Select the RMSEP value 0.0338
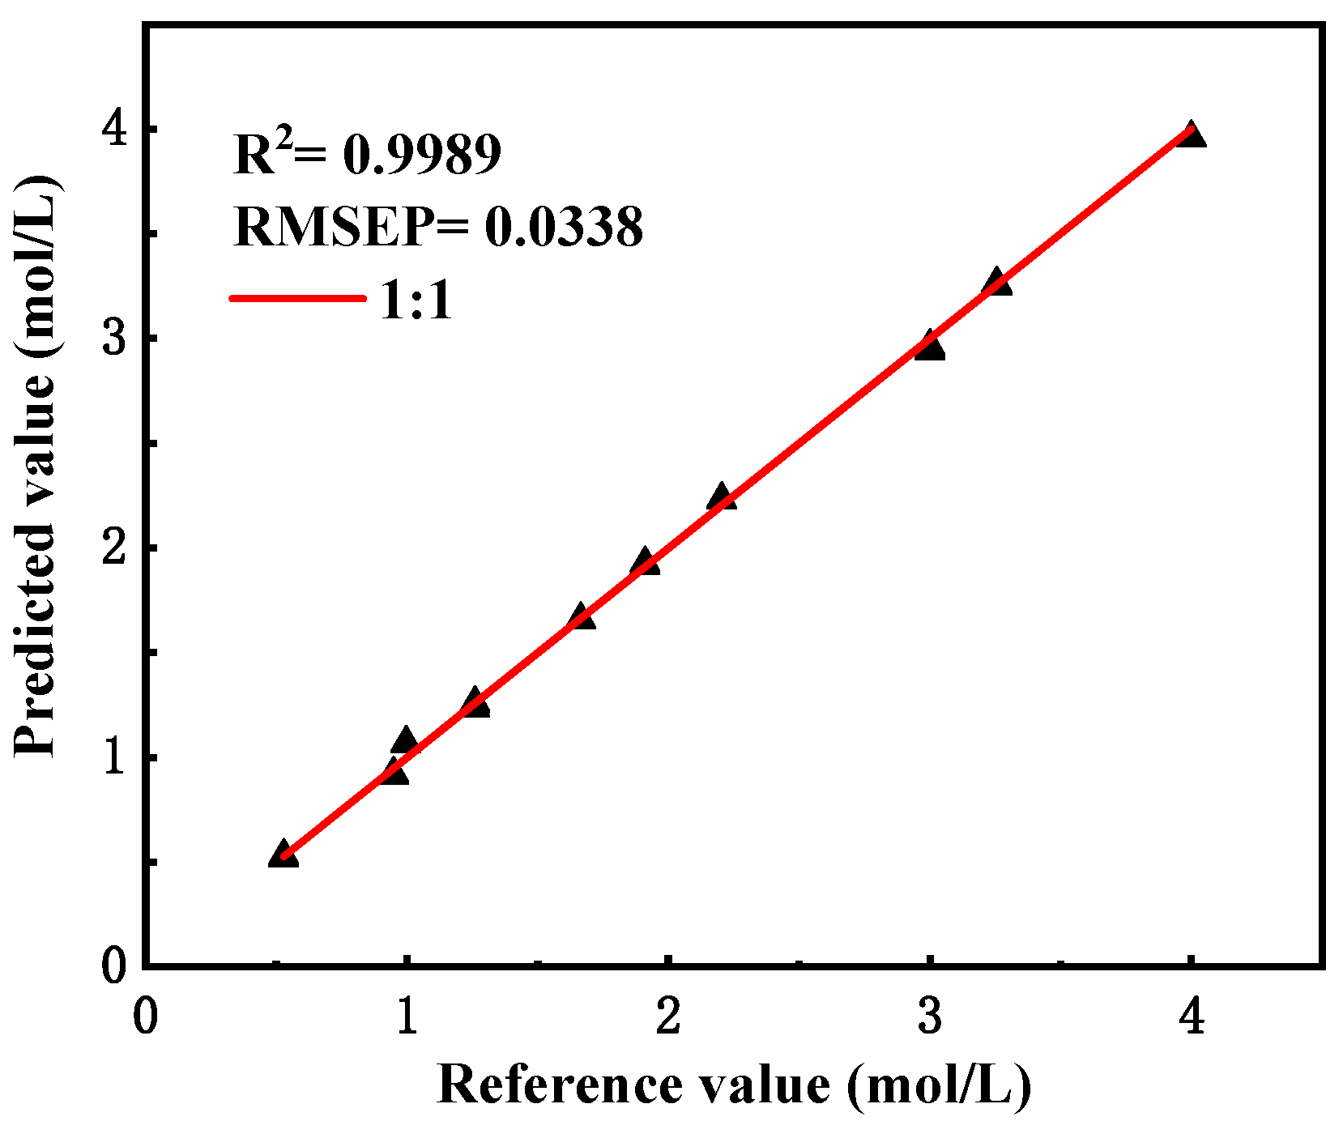click(x=564, y=227)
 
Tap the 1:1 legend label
click(x=416, y=300)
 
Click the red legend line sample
click(x=297, y=298)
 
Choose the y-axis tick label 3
click(x=115, y=338)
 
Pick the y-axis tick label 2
click(x=115, y=548)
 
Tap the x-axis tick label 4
click(x=1192, y=1015)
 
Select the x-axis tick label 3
click(x=930, y=1015)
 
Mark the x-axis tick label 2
click(x=668, y=1015)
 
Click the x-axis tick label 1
click(x=407, y=1015)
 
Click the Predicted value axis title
click(x=36, y=466)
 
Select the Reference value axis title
click(x=734, y=1085)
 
